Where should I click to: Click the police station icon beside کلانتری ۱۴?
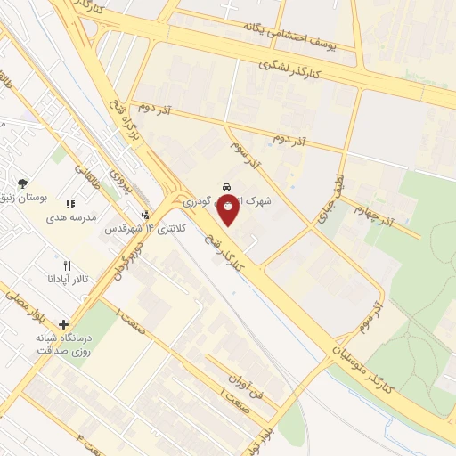pyautogui.click(x=146, y=216)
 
